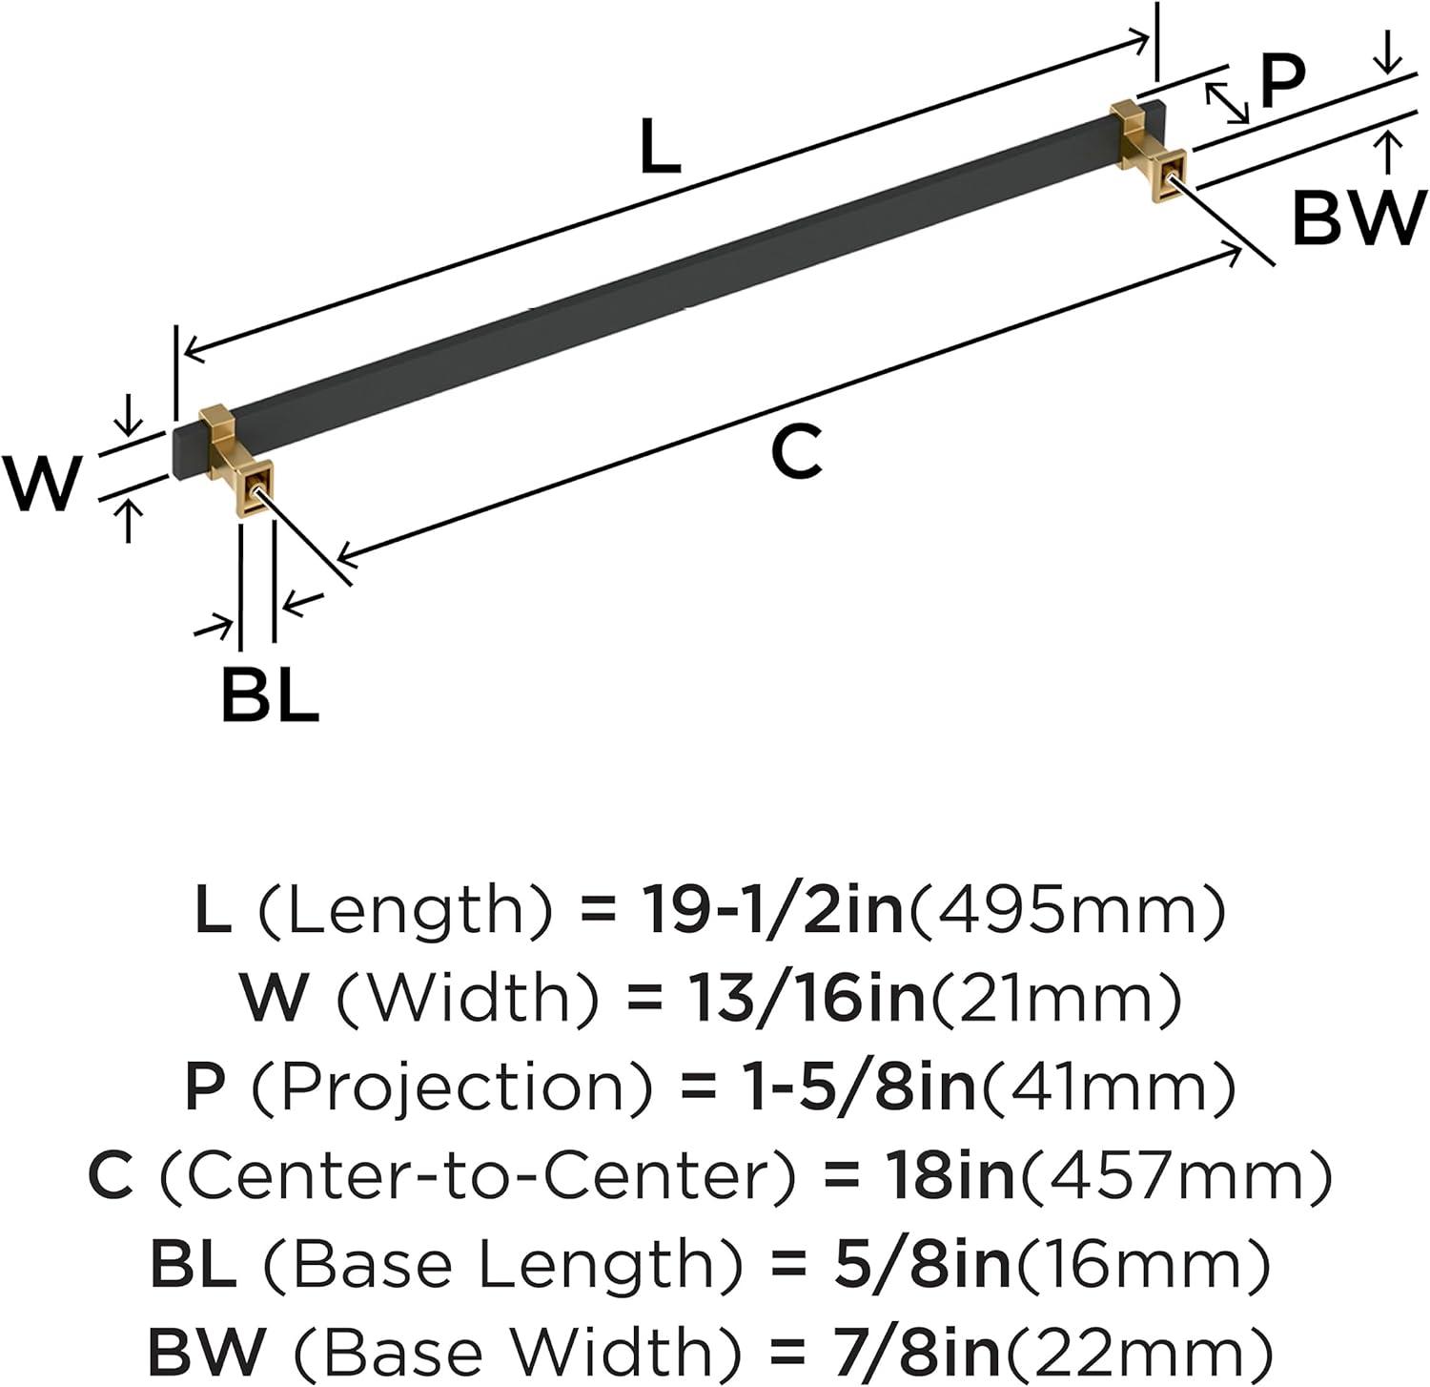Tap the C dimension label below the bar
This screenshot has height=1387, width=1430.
tap(795, 453)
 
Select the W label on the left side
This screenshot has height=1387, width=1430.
tap(42, 483)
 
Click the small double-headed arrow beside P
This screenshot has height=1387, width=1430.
tap(1227, 103)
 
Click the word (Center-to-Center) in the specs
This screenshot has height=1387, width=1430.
tap(477, 1175)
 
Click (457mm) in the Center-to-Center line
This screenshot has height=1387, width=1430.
tap(1175, 1175)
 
